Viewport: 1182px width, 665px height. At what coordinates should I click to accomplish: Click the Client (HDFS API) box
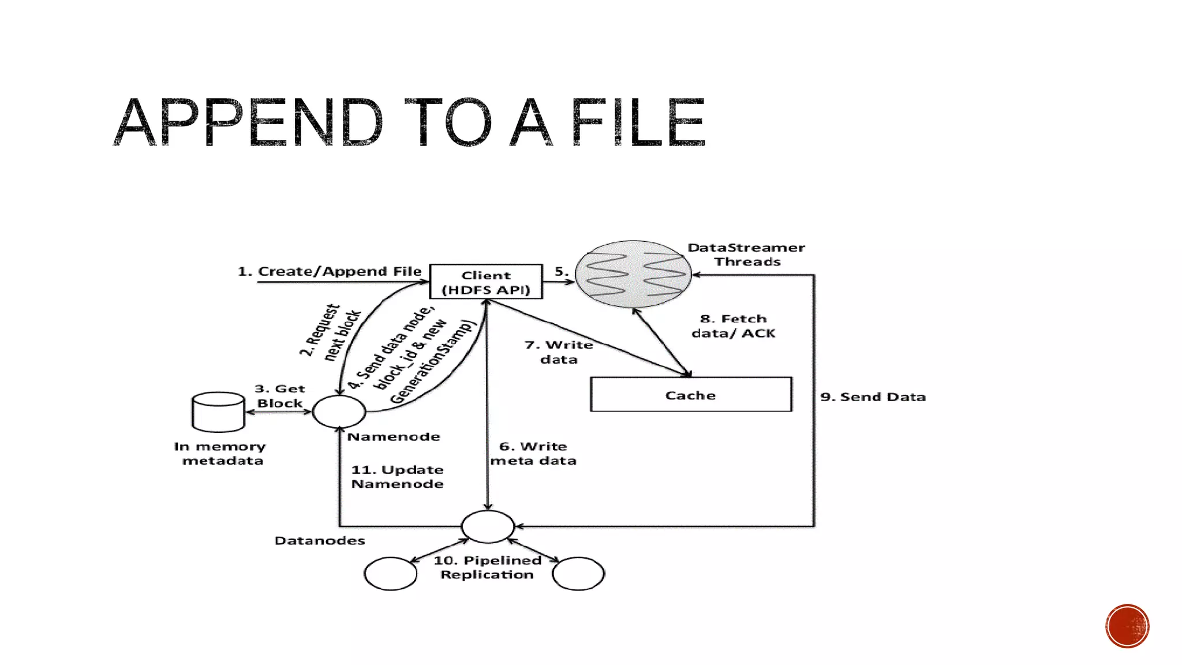pyautogui.click(x=486, y=282)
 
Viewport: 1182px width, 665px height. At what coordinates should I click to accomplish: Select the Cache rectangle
pyautogui.click(x=691, y=395)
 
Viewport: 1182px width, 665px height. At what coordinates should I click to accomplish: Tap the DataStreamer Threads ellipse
pyautogui.click(x=633, y=274)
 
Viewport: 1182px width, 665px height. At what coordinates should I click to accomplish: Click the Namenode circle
pyautogui.click(x=339, y=412)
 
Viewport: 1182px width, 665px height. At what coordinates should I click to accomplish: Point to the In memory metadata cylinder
pyautogui.click(x=218, y=412)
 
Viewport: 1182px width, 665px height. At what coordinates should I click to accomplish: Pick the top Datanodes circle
pyautogui.click(x=488, y=526)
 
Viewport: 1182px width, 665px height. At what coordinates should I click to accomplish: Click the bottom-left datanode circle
pyautogui.click(x=390, y=573)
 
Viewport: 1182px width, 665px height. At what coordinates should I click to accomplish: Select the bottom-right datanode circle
pyautogui.click(x=578, y=573)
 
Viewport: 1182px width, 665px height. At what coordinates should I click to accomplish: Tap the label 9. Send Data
pyautogui.click(x=873, y=397)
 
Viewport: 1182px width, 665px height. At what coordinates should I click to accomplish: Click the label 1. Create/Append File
pyautogui.click(x=330, y=271)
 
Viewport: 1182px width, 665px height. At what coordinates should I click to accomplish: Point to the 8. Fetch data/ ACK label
pyautogui.click(x=734, y=326)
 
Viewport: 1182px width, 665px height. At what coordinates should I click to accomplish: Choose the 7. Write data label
pyautogui.click(x=559, y=352)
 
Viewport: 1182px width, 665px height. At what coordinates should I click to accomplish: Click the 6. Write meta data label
pyautogui.click(x=533, y=454)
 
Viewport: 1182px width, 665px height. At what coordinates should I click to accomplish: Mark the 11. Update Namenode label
pyautogui.click(x=397, y=477)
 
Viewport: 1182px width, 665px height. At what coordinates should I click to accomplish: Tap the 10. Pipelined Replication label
pyautogui.click(x=487, y=567)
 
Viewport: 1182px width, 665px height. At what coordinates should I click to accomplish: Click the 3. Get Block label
pyautogui.click(x=280, y=396)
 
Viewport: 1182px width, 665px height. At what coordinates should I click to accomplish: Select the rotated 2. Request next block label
pyautogui.click(x=330, y=332)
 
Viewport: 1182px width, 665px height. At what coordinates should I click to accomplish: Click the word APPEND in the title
pyautogui.click(x=248, y=122)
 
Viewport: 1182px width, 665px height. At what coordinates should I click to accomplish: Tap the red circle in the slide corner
pyautogui.click(x=1127, y=626)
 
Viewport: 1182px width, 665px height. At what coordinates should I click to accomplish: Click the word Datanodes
pyautogui.click(x=320, y=541)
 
